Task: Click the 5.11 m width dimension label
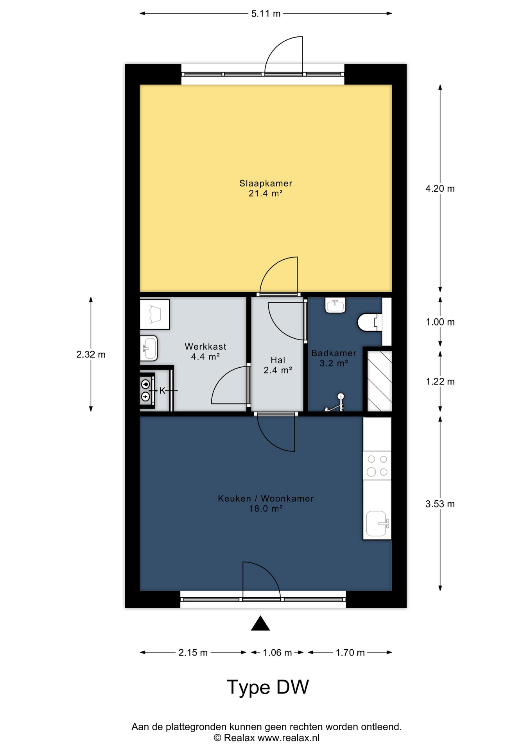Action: pos(266,14)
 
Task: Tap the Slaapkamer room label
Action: pos(266,183)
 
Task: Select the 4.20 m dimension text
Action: pos(440,189)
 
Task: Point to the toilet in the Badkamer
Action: pos(370,322)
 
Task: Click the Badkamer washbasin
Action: pos(335,305)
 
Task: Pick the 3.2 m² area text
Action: pos(334,363)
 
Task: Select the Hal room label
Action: pos(278,360)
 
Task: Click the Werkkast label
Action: pos(205,347)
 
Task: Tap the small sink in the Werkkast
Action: pos(149,348)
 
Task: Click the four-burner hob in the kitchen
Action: pos(377,465)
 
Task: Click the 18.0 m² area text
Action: pos(266,509)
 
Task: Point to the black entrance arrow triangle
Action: pos(260,623)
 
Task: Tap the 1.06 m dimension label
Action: pos(277,652)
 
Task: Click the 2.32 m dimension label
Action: pos(91,354)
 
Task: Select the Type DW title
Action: pos(268,687)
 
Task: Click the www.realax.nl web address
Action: pos(289,738)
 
